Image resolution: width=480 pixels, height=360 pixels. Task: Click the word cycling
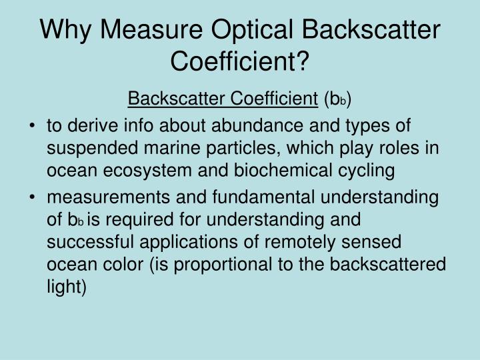coord(365,171)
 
